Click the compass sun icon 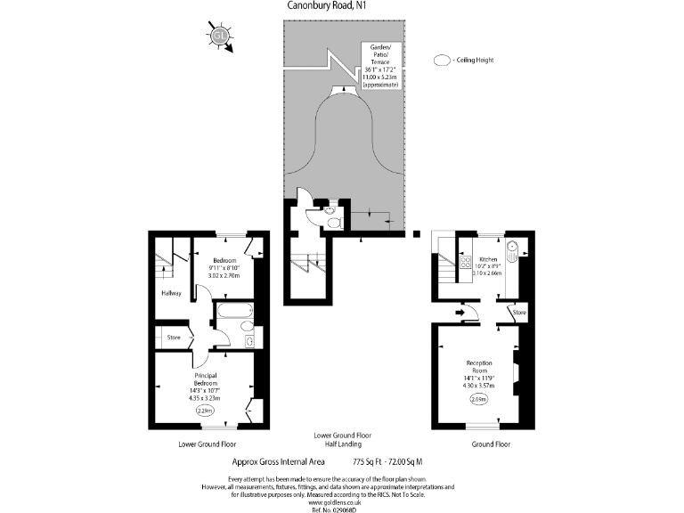(x=220, y=36)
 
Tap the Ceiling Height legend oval (x=441, y=61)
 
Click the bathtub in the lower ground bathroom (x=233, y=312)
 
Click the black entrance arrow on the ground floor (x=460, y=312)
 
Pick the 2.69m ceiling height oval (x=479, y=400)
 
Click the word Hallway (x=171, y=293)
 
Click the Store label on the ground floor (x=518, y=313)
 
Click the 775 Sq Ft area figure (x=371, y=462)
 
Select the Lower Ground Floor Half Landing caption (x=342, y=439)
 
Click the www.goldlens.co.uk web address (x=341, y=501)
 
